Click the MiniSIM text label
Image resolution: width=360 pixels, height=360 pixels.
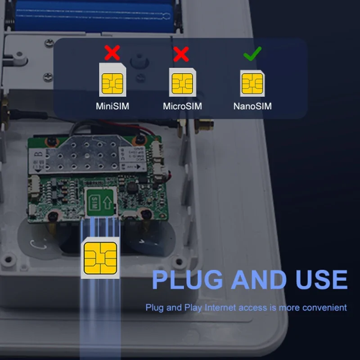pyautogui.click(x=112, y=107)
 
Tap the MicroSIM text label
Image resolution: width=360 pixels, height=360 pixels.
pyautogui.click(x=182, y=107)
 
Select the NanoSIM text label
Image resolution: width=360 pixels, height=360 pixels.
pyautogui.click(x=252, y=107)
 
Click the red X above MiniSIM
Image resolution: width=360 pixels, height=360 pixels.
pyautogui.click(x=112, y=53)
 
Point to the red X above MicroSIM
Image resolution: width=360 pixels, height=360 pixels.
pyautogui.click(x=181, y=54)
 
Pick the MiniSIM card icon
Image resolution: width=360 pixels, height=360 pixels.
pyautogui.click(x=112, y=80)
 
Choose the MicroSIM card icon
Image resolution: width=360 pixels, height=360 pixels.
pyautogui.click(x=182, y=81)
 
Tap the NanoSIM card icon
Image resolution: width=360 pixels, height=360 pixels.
pyautogui.click(x=252, y=83)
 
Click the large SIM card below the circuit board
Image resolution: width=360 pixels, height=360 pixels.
pyautogui.click(x=101, y=258)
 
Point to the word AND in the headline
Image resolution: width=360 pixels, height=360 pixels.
pyautogui.click(x=259, y=279)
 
